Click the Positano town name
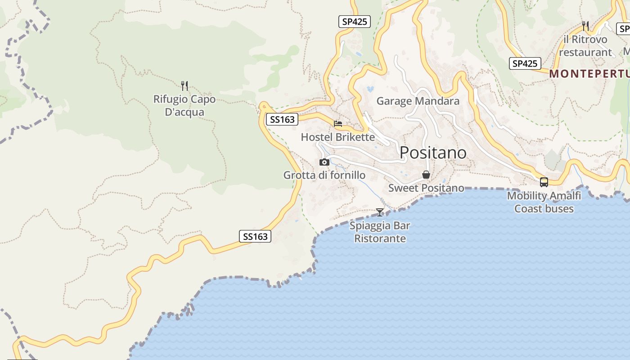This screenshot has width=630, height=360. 433,153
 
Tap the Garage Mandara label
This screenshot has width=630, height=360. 418,101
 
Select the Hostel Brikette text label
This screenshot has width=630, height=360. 337,137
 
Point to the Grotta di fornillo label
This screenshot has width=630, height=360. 324,175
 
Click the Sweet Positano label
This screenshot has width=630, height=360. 426,188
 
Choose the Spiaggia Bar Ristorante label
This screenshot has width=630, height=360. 380,232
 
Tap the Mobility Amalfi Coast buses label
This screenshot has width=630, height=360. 544,202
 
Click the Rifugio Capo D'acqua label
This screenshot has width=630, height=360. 184,106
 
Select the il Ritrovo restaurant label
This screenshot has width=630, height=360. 585,46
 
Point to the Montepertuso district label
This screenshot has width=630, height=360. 589,74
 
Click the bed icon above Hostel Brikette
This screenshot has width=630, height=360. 338,123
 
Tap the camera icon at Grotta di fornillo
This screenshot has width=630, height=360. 324,162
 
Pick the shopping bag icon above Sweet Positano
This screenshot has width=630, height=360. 426,175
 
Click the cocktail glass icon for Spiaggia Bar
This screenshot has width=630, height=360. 380,212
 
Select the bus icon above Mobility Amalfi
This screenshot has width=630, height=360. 544,182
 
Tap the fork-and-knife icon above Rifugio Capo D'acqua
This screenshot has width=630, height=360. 184,85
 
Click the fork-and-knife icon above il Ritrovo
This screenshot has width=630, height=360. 585,25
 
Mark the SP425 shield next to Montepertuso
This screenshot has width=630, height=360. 525,63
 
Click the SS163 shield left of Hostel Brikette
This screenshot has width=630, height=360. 282,119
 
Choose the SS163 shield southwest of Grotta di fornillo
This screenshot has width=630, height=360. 255,236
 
